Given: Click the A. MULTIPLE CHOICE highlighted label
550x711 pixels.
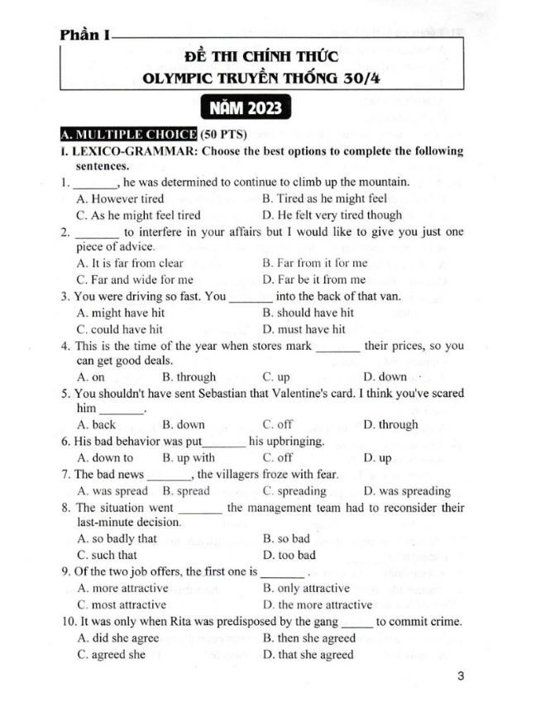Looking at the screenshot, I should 127,134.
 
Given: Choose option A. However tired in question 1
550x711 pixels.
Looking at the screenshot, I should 120,198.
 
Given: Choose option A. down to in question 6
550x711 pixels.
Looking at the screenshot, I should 104,457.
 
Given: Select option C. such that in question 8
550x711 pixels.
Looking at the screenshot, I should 107,555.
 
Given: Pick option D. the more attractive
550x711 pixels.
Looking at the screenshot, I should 317,604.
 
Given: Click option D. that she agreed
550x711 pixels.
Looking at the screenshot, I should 308,654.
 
